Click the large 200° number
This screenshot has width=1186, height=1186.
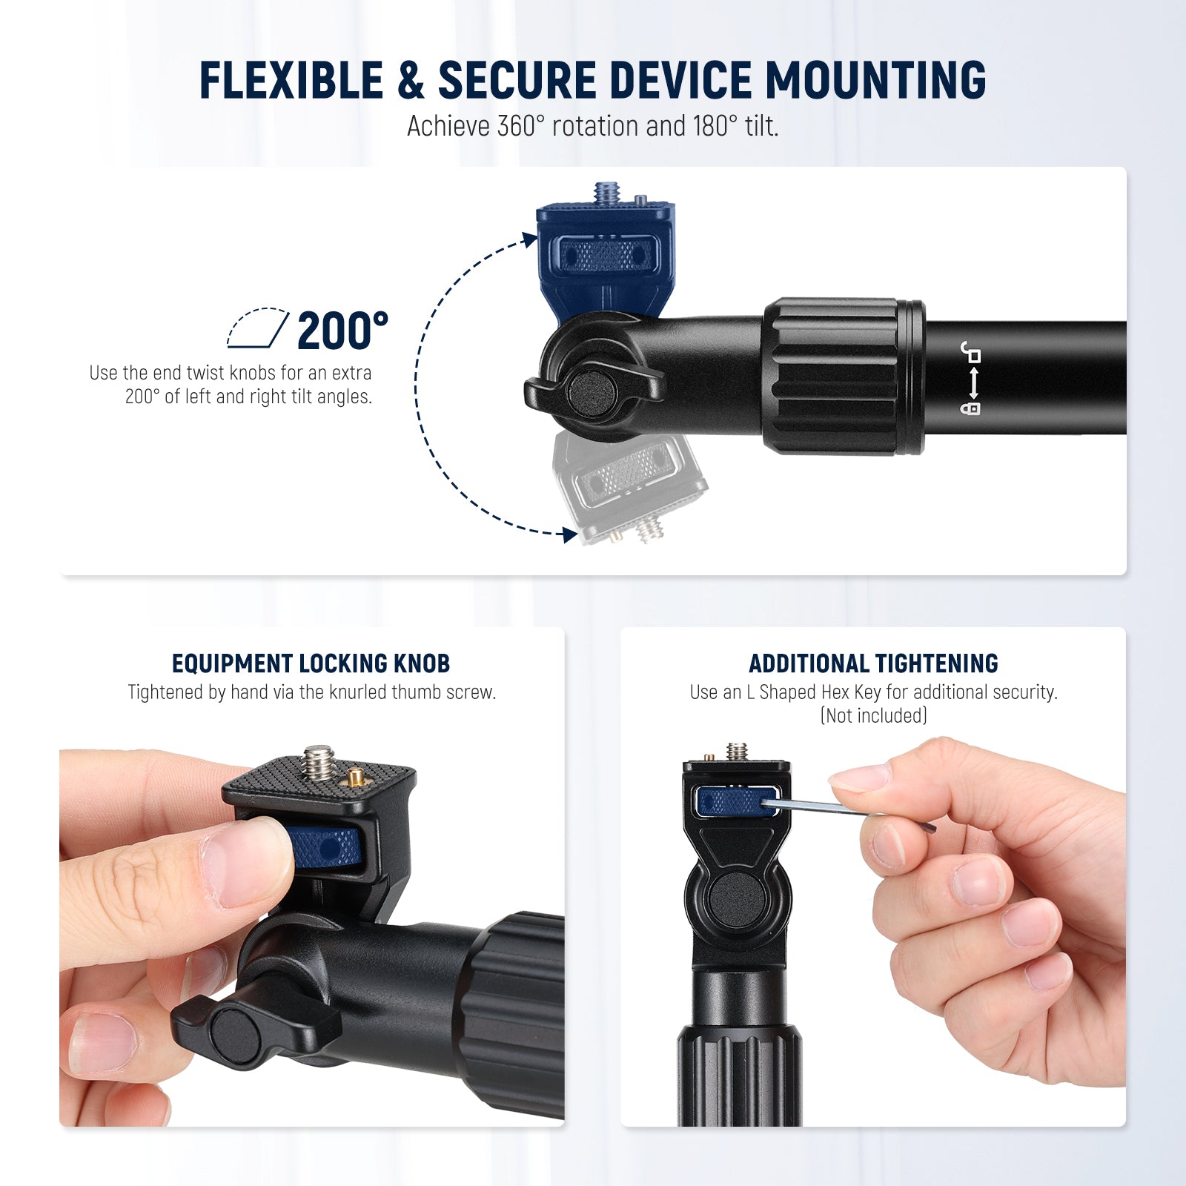click(342, 331)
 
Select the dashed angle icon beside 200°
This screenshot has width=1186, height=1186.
click(257, 328)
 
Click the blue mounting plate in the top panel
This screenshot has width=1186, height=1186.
click(605, 248)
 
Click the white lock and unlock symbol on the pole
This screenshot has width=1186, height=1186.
click(970, 378)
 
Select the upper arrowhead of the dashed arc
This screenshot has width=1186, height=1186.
click(529, 239)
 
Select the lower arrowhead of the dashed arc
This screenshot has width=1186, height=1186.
click(569, 534)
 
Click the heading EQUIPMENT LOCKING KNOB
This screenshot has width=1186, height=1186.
click(311, 663)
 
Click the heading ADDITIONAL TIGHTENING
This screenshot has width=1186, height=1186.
click(873, 663)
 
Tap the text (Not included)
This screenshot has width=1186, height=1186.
click(873, 715)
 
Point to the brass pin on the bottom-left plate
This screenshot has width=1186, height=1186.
click(354, 778)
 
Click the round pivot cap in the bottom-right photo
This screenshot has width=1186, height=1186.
click(735, 900)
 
